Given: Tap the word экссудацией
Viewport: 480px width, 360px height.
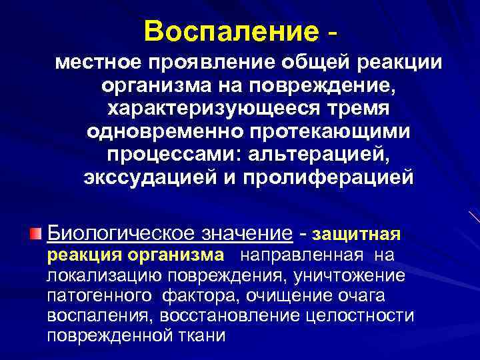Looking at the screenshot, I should pos(154,178).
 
